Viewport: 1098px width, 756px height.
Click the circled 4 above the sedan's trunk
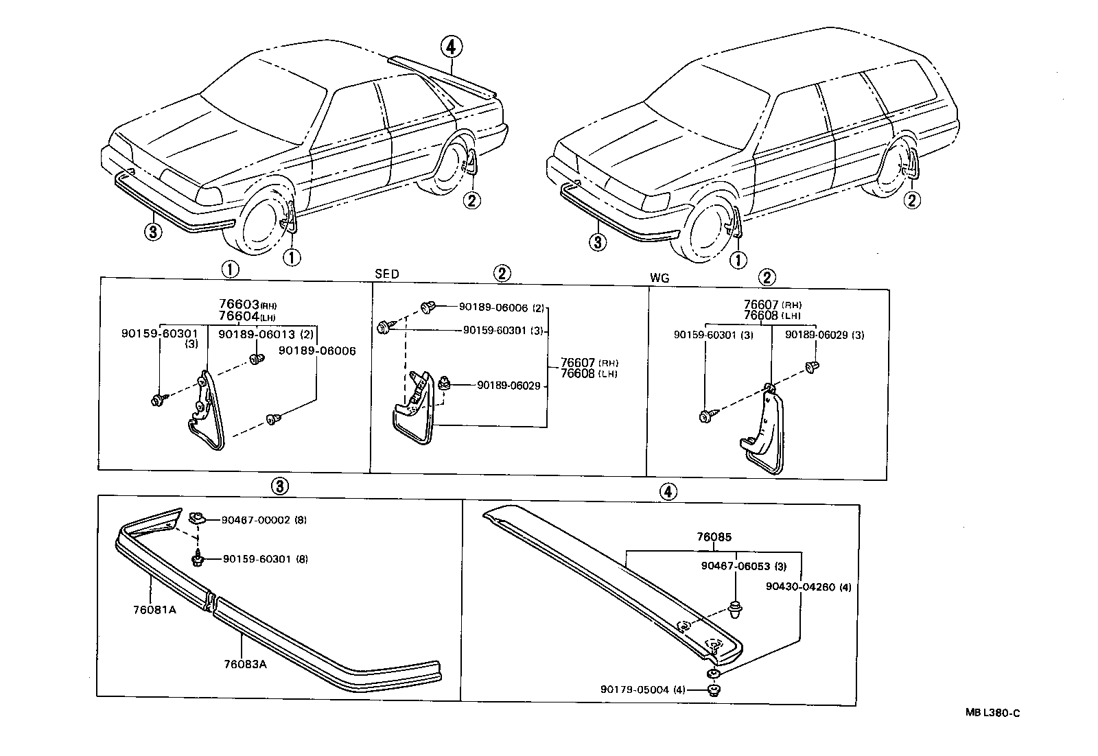(x=450, y=47)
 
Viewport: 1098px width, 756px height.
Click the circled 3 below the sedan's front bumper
(x=153, y=232)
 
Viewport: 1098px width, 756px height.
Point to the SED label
(x=386, y=274)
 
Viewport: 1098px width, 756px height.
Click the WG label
(x=658, y=279)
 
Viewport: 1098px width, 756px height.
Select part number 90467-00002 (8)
(x=264, y=520)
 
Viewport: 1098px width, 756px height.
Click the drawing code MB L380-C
(x=992, y=713)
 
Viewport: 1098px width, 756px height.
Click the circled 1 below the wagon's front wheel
(x=738, y=260)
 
